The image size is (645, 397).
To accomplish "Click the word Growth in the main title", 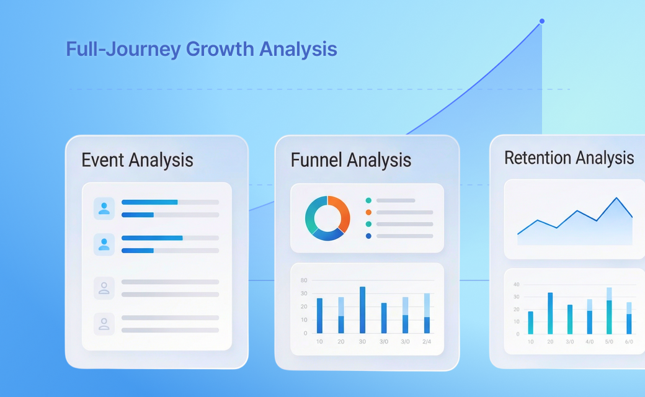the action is click(220, 50).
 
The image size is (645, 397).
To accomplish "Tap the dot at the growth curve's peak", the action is click(542, 21).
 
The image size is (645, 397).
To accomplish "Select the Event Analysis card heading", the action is click(138, 160).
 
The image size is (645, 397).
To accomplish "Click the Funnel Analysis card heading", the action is click(351, 160).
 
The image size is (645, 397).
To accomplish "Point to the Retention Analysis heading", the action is click(569, 158).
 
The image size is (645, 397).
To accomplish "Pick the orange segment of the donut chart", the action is click(340, 212).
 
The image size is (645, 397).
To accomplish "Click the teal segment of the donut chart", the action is click(313, 214).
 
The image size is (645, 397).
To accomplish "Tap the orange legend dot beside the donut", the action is click(368, 212).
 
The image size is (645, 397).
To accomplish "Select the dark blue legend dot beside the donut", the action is click(368, 236).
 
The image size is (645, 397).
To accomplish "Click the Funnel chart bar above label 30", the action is click(362, 310).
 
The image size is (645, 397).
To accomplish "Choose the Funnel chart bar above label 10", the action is click(319, 316).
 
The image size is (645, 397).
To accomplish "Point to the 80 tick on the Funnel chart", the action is click(304, 280).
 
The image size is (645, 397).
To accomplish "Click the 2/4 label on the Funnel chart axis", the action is click(427, 341).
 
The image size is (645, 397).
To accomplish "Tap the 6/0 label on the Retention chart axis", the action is click(629, 342).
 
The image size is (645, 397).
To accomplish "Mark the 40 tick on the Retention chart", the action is click(517, 284).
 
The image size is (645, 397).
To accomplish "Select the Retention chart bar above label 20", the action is click(550, 313).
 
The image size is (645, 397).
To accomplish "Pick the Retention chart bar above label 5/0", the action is click(609, 311).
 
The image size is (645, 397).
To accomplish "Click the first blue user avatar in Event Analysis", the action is click(104, 208).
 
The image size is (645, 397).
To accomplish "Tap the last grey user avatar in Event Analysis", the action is click(104, 324).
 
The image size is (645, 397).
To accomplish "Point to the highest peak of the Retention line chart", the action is click(616, 198).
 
